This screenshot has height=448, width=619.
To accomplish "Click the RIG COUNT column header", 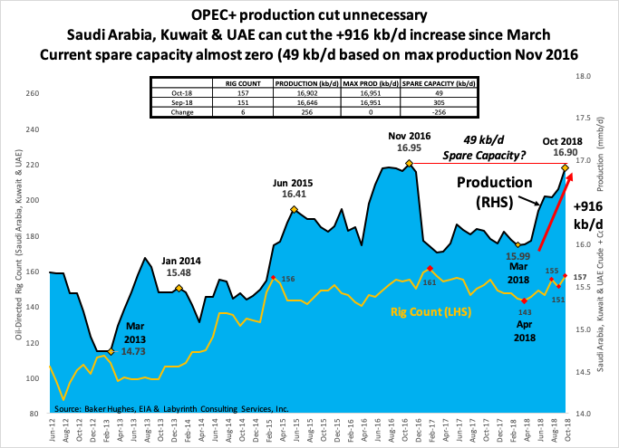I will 242,83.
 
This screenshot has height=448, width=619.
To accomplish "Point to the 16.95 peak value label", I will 409,147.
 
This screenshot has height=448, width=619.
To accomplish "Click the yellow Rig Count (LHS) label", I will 430,312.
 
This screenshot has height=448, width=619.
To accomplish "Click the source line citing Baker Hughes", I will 171,409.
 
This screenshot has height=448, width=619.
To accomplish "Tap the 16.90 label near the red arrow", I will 566,153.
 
